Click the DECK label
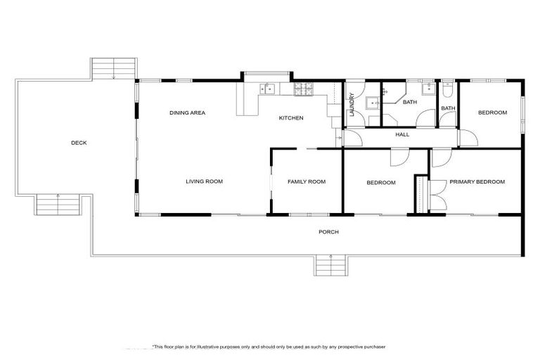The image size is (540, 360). click(79, 143)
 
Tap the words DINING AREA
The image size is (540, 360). click(187, 112)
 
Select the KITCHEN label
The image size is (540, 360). click(291, 118)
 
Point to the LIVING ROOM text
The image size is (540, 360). click(204, 181)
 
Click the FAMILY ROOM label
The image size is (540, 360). click(307, 181)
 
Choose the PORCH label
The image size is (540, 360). click(328, 231)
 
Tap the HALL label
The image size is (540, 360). click(402, 134)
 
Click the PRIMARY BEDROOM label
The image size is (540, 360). click(477, 181)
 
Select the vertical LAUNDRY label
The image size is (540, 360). click(352, 104)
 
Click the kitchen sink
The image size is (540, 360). click(268, 89)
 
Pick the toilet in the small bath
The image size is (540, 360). click(448, 90)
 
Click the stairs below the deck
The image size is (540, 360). click(58, 204)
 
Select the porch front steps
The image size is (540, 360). click(328, 266)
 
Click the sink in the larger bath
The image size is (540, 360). click(426, 90)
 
